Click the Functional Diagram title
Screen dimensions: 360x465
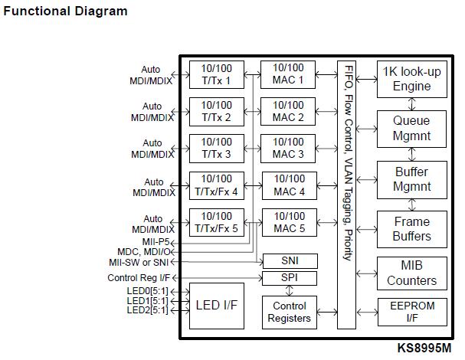(66, 11)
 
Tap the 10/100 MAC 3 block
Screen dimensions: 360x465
(288, 148)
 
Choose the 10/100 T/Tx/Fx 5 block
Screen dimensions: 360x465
(217, 222)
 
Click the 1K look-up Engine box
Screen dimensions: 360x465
(411, 79)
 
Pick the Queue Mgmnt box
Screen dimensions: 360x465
(411, 129)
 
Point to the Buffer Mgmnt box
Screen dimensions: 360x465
(411, 179)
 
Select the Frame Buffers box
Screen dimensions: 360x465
(411, 229)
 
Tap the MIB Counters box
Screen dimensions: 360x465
(411, 273)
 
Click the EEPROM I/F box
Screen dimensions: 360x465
(411, 312)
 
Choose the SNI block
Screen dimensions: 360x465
(288, 260)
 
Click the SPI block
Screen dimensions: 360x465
(288, 277)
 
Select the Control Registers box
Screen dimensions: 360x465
(288, 312)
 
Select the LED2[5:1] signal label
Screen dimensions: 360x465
(147, 309)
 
